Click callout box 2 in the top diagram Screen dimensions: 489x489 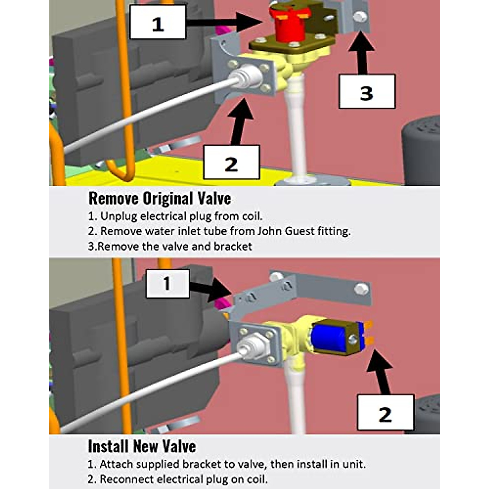coord(231,162)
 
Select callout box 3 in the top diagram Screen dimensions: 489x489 coord(367,91)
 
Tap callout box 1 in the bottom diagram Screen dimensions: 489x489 coord(167,283)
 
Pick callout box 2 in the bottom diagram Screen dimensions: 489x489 coord(385,412)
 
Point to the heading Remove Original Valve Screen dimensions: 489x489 coord(160,199)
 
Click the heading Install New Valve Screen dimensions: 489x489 coord(142,446)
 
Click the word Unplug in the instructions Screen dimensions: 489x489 coord(119,216)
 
